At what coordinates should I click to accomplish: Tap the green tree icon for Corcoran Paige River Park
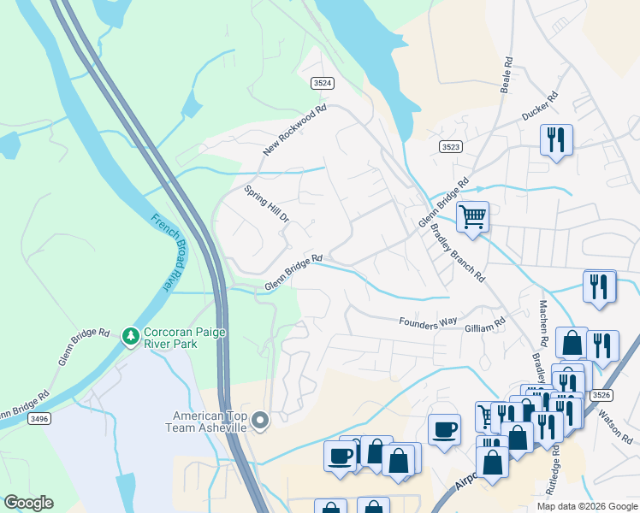click(x=130, y=336)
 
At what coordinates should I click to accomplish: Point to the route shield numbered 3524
click(x=322, y=83)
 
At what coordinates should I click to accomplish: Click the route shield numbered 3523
click(x=451, y=147)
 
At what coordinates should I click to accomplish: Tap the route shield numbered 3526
click(x=601, y=394)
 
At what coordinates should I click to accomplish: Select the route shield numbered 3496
click(x=37, y=418)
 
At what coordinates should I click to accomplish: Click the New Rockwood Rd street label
click(x=295, y=130)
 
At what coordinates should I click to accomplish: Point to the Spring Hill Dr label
click(x=268, y=205)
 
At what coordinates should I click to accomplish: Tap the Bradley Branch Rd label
click(x=457, y=252)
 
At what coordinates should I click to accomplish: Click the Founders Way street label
click(x=428, y=322)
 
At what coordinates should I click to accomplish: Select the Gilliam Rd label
click(x=485, y=327)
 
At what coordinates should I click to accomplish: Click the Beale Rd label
click(x=507, y=74)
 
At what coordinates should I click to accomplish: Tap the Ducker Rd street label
click(x=539, y=105)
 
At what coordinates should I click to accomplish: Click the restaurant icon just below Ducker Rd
click(x=556, y=139)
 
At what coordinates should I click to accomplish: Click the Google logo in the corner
click(x=28, y=503)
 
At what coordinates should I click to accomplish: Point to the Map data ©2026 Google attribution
click(x=586, y=506)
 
